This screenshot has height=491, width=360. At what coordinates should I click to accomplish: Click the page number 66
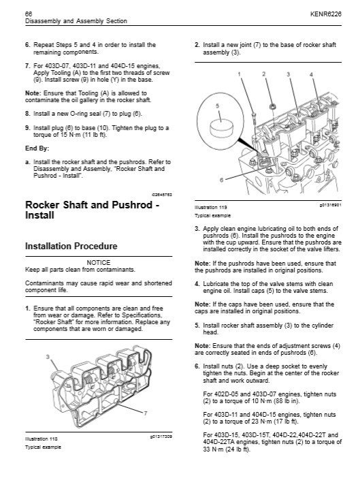pyautogui.click(x=28, y=14)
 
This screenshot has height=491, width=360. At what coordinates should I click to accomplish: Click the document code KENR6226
pyautogui.click(x=326, y=14)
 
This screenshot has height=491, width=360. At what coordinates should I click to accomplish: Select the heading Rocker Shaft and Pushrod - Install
pyautogui.click(x=93, y=210)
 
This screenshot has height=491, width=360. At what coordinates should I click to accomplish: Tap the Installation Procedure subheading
pyautogui.click(x=71, y=246)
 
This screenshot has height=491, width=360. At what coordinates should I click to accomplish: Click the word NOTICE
pyautogui.click(x=98, y=262)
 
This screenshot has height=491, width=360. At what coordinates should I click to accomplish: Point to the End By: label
pyautogui.click(x=37, y=148)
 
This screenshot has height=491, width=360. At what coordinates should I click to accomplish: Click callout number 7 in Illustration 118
pyautogui.click(x=145, y=413)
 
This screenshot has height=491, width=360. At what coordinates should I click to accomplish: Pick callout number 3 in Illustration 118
pyautogui.click(x=48, y=357)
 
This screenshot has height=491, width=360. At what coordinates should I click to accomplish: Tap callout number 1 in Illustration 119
pyautogui.click(x=239, y=74)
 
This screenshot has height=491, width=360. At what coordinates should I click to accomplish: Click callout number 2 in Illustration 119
pyautogui.click(x=263, y=74)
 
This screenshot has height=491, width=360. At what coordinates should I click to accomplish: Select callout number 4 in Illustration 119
pyautogui.click(x=311, y=74)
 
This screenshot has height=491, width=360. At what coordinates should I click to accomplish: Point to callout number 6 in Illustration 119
pyautogui.click(x=222, y=180)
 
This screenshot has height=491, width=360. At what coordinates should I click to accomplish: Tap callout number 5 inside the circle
pyautogui.click(x=218, y=106)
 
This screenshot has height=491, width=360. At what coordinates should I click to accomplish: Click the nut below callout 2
pyautogui.click(x=273, y=107)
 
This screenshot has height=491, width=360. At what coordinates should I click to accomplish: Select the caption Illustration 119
pyautogui.click(x=211, y=207)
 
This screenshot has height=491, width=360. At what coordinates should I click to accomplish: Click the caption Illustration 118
pyautogui.click(x=42, y=439)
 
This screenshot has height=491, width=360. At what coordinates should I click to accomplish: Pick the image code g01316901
pyautogui.click(x=330, y=205)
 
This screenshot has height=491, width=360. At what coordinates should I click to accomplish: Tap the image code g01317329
pyautogui.click(x=161, y=437)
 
